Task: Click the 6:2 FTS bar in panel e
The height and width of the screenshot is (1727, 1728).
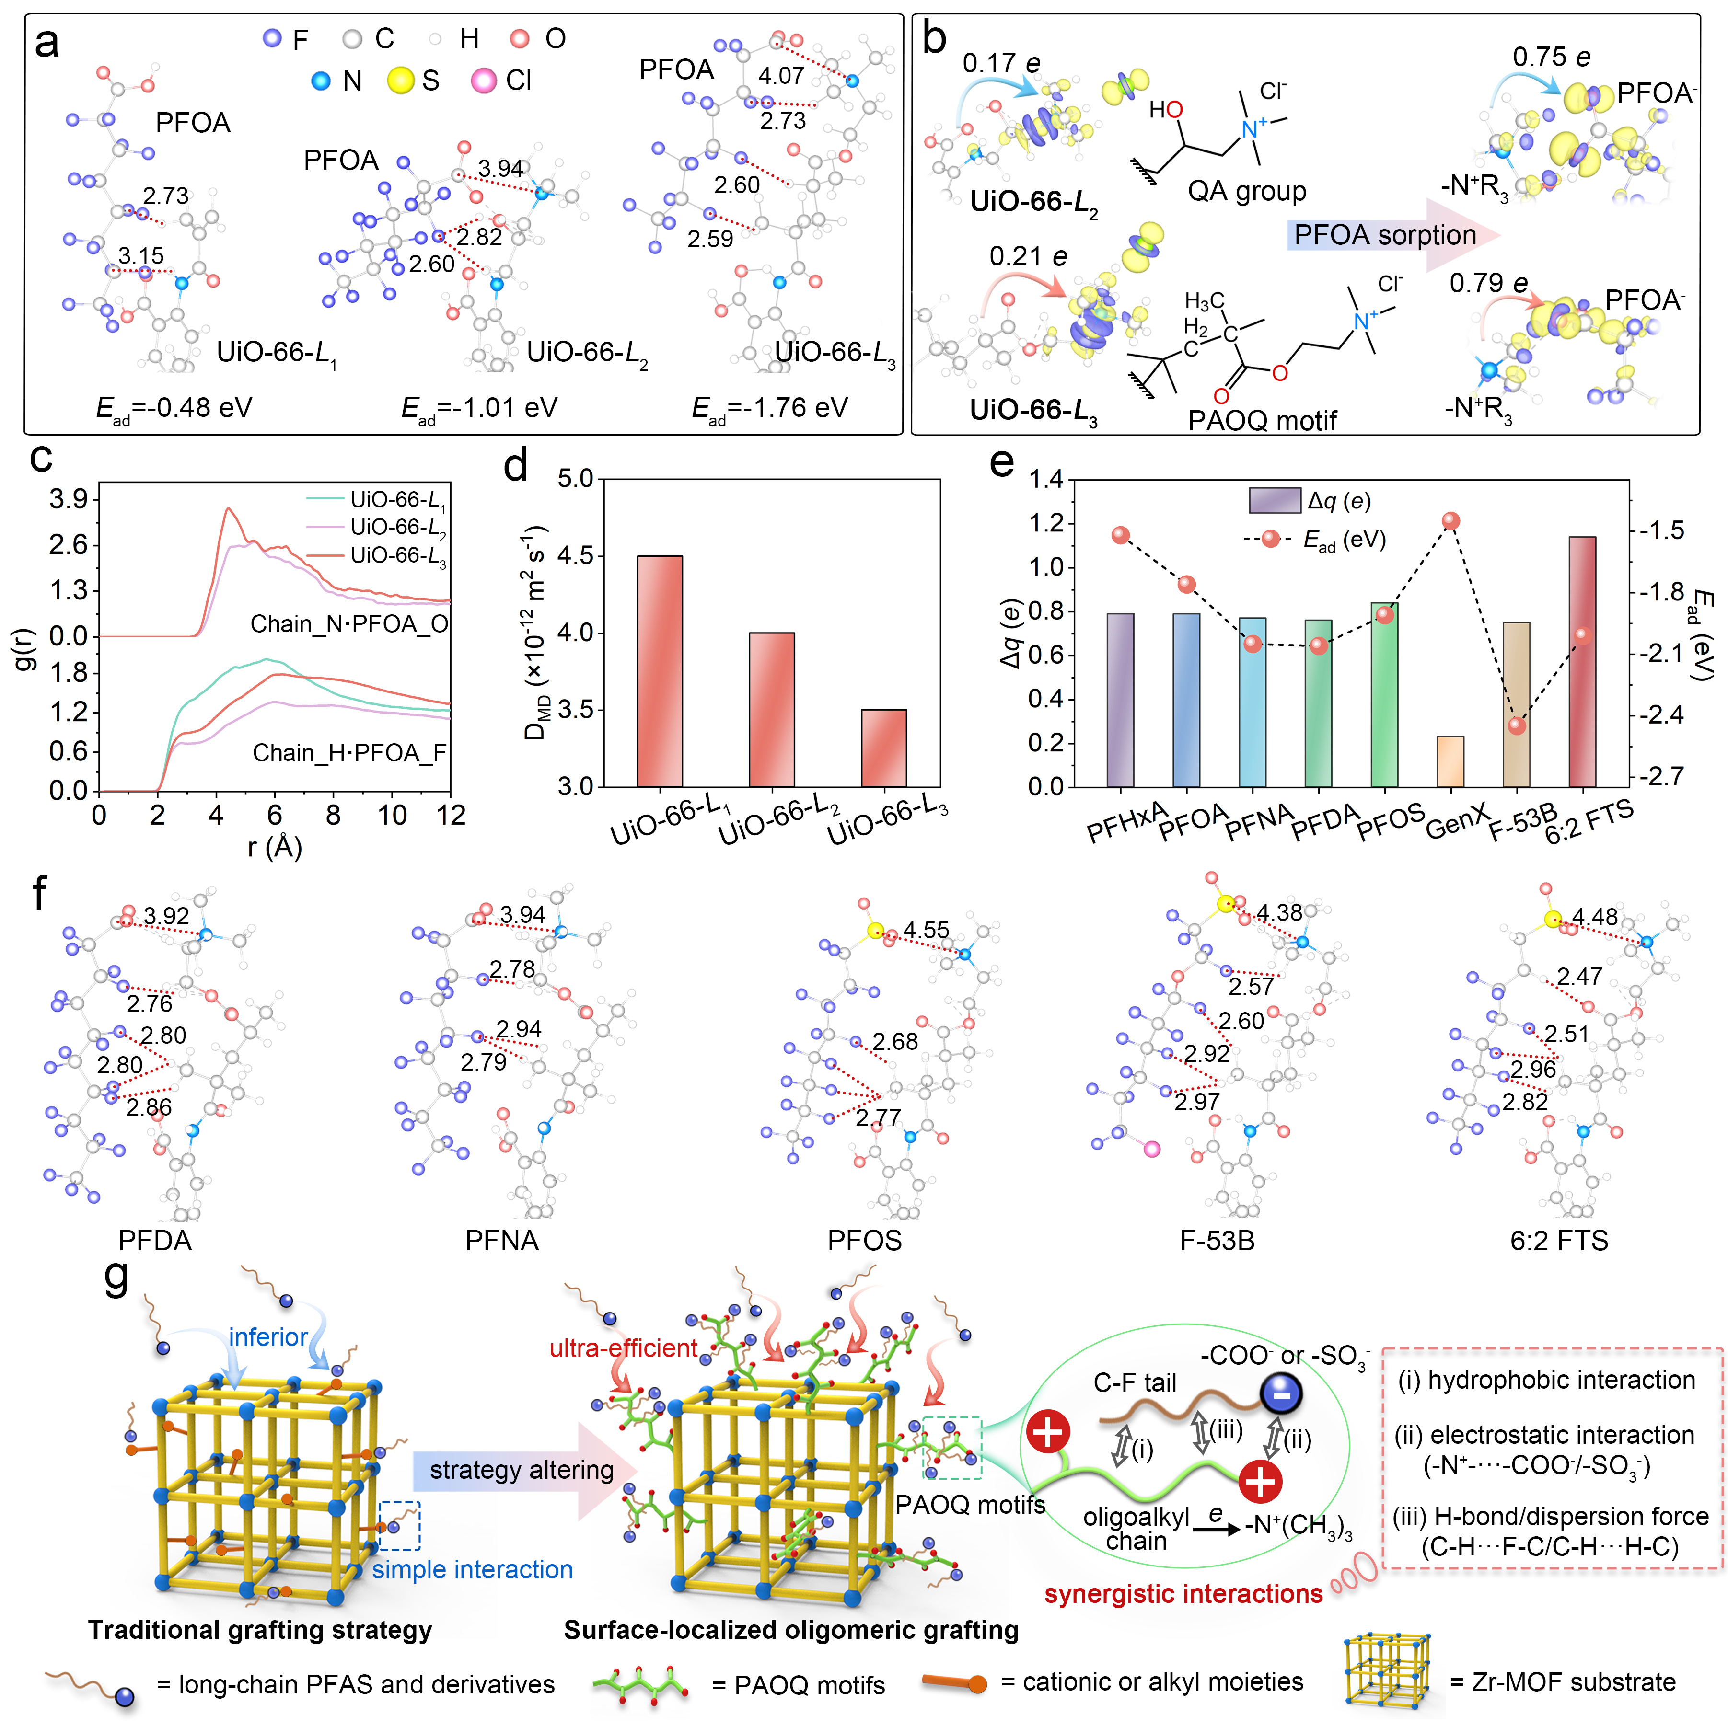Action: click(1582, 662)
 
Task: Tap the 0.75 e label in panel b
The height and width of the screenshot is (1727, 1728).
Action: click(1552, 57)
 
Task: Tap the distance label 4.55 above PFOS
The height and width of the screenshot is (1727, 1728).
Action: click(926, 930)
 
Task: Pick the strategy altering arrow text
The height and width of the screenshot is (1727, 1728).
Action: click(522, 1469)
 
